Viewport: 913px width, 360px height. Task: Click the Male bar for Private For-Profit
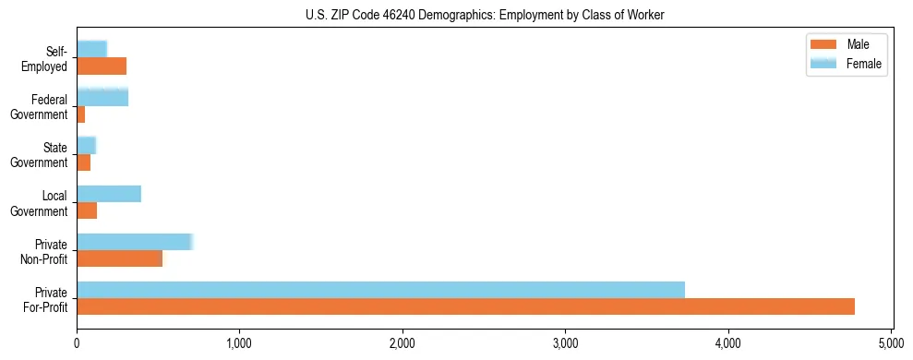click(465, 306)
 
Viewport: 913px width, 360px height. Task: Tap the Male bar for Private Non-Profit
click(119, 258)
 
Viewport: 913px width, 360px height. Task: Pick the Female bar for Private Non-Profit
click(134, 242)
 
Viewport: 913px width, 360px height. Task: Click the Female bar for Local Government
click(109, 194)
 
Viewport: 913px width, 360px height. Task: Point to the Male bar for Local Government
click(87, 210)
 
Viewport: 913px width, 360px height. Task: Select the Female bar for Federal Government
click(102, 97)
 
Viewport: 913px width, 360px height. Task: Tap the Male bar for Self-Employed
click(102, 66)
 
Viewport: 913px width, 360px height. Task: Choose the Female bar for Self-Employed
click(92, 49)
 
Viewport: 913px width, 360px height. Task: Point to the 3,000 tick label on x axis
click(565, 344)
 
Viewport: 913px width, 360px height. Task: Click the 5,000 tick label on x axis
click(891, 344)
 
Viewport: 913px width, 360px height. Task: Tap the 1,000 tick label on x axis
click(239, 344)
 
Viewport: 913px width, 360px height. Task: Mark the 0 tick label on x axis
click(77, 344)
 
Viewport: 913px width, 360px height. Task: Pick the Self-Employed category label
click(45, 58)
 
